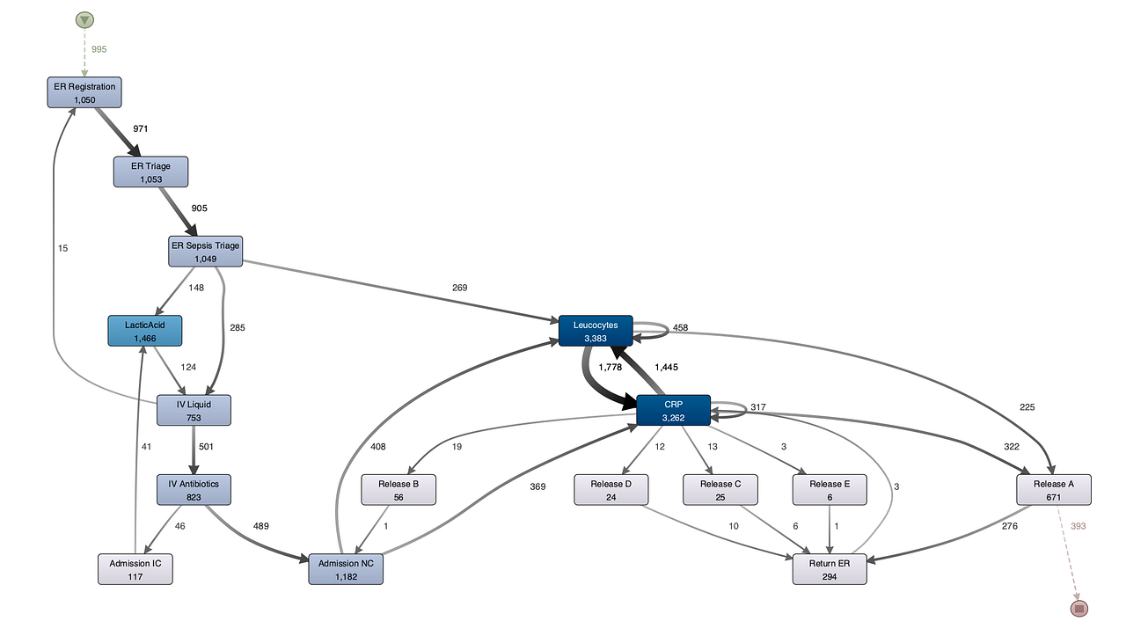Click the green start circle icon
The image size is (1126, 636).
click(84, 20)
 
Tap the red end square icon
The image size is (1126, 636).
click(1079, 609)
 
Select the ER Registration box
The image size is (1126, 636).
click(84, 92)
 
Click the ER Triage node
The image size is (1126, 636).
click(150, 172)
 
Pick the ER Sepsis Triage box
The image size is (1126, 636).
click(206, 252)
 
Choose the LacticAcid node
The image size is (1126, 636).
click(145, 331)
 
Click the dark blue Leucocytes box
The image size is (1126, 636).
click(596, 331)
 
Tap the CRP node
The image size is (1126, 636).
click(674, 410)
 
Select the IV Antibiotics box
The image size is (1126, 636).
click(194, 490)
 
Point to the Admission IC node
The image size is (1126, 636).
click(135, 569)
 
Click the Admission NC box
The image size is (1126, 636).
click(346, 569)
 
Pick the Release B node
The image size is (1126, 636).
click(398, 490)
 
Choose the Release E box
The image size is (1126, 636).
click(830, 490)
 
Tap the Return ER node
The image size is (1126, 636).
click(830, 569)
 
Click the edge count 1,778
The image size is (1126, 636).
click(611, 367)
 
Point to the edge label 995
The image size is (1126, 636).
click(99, 49)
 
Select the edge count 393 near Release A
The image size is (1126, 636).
click(1078, 526)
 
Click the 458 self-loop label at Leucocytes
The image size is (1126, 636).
click(680, 327)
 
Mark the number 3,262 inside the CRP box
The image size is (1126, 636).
click(674, 418)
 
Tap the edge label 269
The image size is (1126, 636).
click(459, 288)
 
